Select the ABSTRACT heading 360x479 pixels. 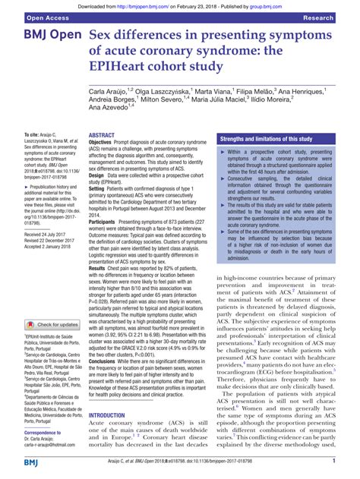pos(103,135)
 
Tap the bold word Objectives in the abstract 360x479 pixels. pos(104,142)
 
